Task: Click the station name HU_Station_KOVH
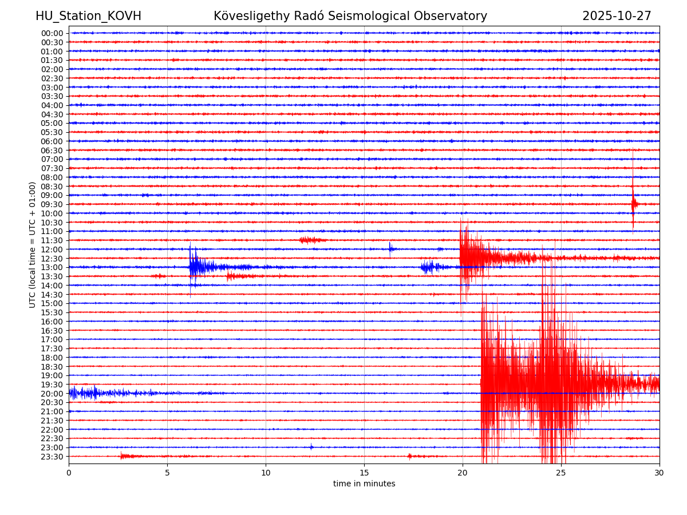click(88, 17)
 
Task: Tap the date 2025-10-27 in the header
click(617, 17)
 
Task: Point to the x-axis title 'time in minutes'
click(364, 484)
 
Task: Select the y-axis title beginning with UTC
click(33, 244)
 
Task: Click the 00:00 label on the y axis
click(52, 33)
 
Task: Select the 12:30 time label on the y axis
click(52, 258)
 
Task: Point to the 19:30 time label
click(52, 385)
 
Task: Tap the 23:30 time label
click(52, 457)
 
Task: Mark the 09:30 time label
click(52, 204)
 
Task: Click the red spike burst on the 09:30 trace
click(633, 204)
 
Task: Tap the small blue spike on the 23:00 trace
click(311, 447)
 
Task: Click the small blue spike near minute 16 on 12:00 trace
click(390, 248)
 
